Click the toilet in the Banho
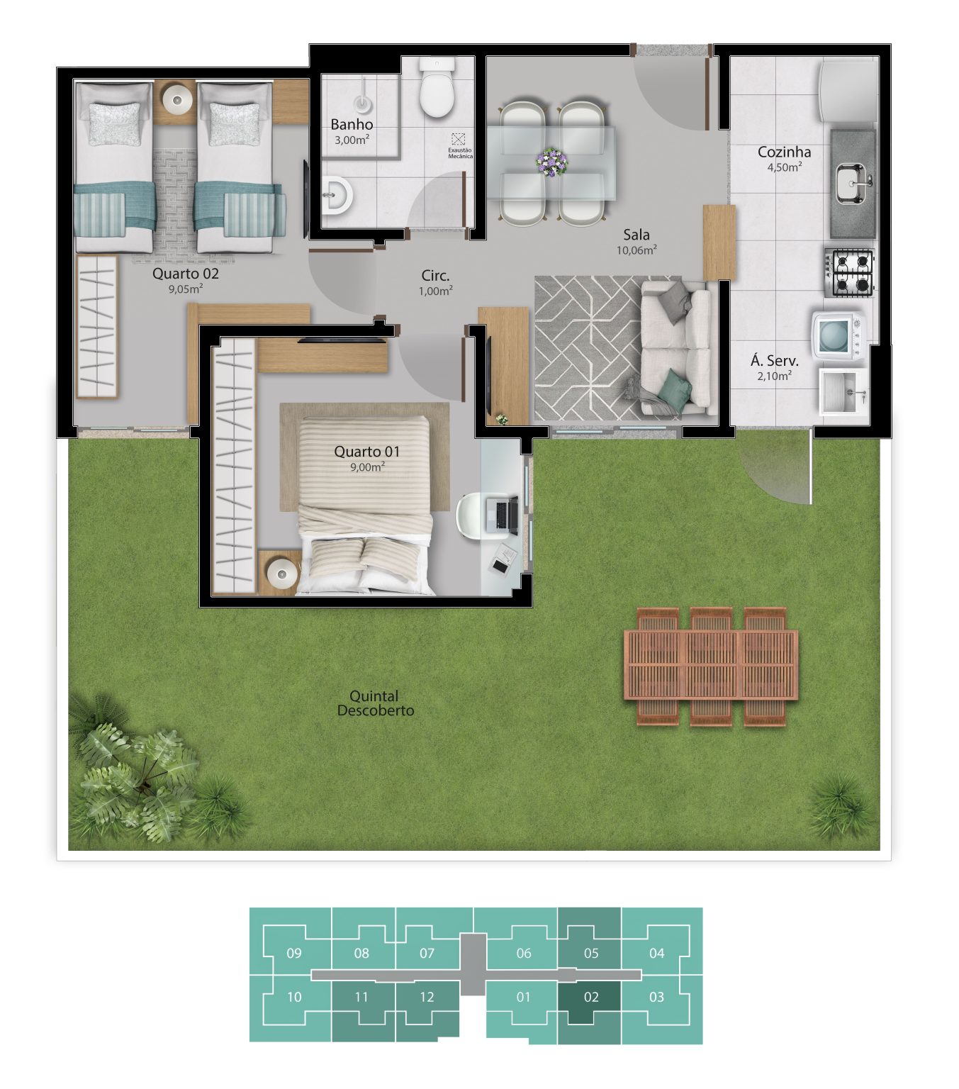click(437, 88)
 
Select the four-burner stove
click(849, 272)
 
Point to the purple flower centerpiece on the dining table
click(551, 162)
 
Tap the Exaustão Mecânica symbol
click(458, 139)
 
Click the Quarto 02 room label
click(186, 274)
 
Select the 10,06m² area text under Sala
click(636, 250)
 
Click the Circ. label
click(435, 276)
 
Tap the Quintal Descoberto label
click(375, 703)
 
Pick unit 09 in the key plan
click(293, 953)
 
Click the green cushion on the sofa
click(675, 386)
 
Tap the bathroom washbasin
click(337, 194)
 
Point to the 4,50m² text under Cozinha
click(785, 167)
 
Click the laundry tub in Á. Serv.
click(843, 392)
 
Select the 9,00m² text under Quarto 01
click(367, 467)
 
